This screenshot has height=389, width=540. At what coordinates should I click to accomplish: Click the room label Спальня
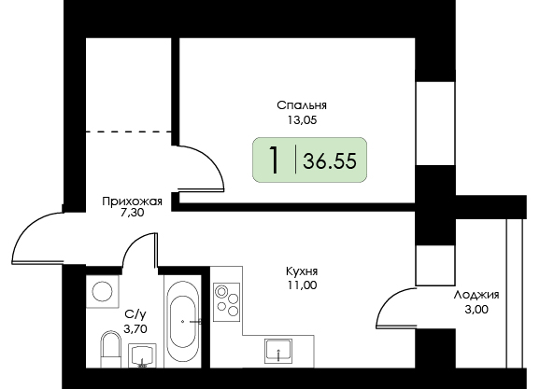click(302, 105)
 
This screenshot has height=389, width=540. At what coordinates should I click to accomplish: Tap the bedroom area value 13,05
click(303, 120)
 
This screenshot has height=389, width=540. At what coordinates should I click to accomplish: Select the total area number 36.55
click(330, 160)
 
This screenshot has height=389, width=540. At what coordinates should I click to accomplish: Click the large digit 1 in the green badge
click(274, 160)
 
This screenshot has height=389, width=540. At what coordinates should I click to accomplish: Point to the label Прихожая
click(133, 201)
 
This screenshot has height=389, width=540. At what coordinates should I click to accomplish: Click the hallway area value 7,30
click(133, 214)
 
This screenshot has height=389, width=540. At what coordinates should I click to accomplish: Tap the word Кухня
click(302, 271)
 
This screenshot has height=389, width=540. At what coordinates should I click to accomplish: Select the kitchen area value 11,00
click(302, 285)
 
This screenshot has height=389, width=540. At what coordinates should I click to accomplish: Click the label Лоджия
click(476, 295)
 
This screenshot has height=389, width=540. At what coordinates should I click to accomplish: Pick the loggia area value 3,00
click(476, 310)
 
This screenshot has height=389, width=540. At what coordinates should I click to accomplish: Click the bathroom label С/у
click(135, 313)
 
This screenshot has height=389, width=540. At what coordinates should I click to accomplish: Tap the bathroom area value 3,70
click(135, 329)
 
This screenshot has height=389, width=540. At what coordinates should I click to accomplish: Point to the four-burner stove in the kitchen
click(227, 302)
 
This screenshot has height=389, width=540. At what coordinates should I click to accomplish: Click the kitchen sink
click(278, 351)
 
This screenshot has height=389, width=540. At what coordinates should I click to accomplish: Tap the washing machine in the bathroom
click(102, 291)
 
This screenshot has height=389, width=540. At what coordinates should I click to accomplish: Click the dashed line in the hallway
click(128, 132)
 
